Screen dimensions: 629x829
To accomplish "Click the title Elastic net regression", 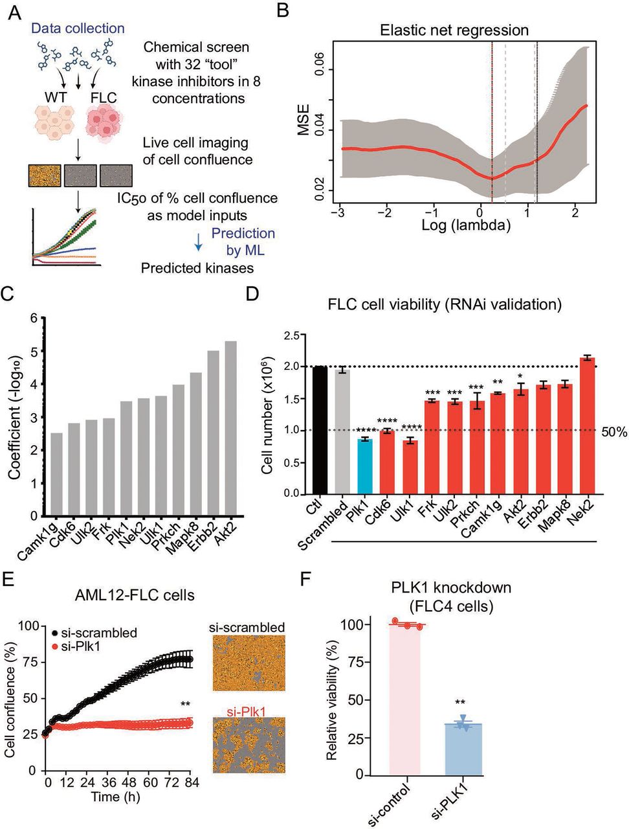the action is [454, 30].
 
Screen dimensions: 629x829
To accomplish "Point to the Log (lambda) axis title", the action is [467, 225].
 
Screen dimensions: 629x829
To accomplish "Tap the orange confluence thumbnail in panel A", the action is [45, 176].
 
